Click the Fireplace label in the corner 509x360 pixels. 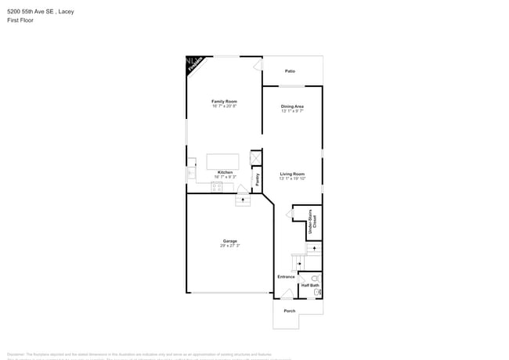click(194, 63)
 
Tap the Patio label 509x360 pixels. click(290, 71)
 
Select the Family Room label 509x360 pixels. click(224, 101)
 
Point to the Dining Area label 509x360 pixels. click(292, 106)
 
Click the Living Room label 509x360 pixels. click(292, 174)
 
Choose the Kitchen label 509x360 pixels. click(225, 172)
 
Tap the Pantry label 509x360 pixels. click(257, 179)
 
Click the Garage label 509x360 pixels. click(229, 241)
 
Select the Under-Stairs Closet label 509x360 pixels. click(312, 222)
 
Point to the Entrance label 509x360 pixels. click(286, 276)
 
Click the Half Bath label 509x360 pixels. click(310, 285)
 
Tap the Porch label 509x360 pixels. click(290, 311)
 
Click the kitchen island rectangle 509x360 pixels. click(222, 161)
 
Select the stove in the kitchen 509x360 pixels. click(216, 186)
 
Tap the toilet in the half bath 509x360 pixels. click(316, 278)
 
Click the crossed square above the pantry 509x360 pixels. click(255, 158)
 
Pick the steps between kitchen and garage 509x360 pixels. click(243, 200)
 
